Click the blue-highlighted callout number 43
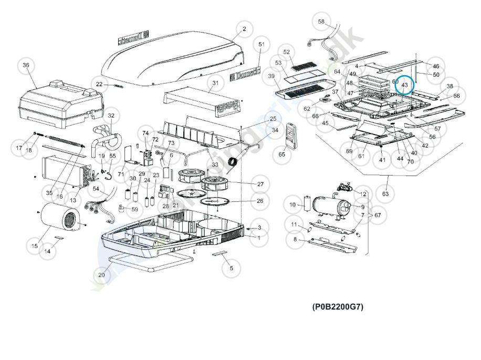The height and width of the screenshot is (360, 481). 404,85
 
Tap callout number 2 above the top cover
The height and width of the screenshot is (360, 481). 244,29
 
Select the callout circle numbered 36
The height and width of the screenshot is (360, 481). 26,66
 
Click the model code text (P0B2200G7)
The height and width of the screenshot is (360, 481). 338,307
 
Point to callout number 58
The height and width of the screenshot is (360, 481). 322,22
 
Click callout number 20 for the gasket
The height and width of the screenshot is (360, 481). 102,275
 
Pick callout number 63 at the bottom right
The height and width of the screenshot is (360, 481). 385,194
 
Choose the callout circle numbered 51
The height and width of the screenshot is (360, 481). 262,45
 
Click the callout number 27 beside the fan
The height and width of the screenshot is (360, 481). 260,184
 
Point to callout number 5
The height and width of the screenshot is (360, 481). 231,269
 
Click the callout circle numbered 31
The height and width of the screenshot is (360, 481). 215,83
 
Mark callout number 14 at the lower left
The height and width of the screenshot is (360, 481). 48,252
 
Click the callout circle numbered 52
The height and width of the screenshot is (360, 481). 287,52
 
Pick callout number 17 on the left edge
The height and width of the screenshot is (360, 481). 19,148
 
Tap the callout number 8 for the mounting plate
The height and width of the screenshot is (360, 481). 295,239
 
